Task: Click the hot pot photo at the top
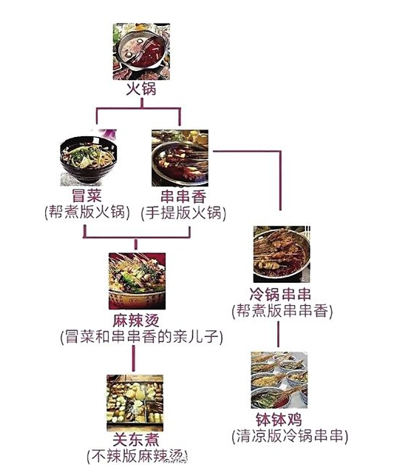tap(141, 52)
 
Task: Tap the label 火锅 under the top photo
tap(141, 90)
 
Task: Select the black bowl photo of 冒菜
tap(89, 158)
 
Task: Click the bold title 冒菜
tap(87, 195)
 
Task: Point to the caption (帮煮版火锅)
tap(87, 212)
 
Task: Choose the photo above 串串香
tap(180, 158)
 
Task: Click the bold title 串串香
tap(183, 196)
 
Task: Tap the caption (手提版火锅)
tap(183, 212)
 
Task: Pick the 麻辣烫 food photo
tap(137, 281)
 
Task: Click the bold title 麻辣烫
tap(136, 321)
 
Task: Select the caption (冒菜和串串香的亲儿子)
tap(141, 337)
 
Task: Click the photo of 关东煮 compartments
tap(135, 403)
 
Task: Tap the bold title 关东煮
tap(136, 439)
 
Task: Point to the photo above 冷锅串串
tap(282, 255)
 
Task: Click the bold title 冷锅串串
tap(281, 294)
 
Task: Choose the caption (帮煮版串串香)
tap(282, 311)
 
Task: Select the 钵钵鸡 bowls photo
tap(279, 381)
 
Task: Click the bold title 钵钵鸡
tap(279, 420)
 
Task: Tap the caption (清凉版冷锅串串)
tap(290, 436)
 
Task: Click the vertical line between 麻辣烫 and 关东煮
tap(133, 358)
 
